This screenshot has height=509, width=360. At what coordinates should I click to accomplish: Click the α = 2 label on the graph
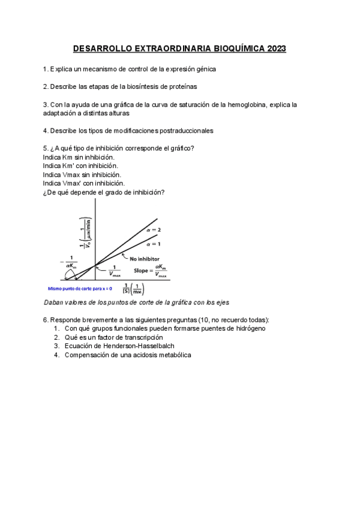point(154,229)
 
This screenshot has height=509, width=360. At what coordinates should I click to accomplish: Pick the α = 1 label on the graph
point(154,244)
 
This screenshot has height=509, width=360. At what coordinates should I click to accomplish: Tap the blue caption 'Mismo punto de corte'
point(83,288)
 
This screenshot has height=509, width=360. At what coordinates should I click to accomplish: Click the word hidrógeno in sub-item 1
point(248,328)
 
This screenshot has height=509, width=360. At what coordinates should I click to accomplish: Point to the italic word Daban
point(55,303)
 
